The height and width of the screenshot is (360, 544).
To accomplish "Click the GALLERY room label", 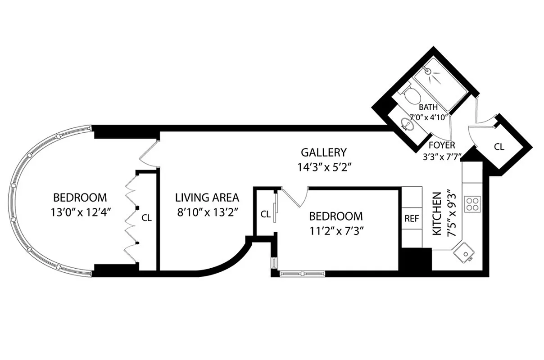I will [324, 152].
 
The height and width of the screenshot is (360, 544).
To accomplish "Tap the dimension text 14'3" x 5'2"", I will [324, 167].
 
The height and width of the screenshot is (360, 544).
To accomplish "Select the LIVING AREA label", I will [207, 197].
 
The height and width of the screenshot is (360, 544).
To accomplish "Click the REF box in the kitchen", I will [412, 219].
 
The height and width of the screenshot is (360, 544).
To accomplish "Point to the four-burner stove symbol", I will [473, 204].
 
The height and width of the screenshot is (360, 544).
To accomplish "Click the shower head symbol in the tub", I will [429, 72].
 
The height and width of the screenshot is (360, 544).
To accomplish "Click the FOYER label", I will [441, 145].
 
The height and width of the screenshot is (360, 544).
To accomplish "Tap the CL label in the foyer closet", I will [499, 147].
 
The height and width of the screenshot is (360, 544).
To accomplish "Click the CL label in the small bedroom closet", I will [266, 214].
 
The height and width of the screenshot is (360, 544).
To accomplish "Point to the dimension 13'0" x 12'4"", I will [80, 212].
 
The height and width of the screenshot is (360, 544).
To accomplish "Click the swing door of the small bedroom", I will [295, 198].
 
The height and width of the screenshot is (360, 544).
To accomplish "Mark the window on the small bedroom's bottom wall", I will [301, 273].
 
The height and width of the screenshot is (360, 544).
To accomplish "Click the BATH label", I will [428, 108].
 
